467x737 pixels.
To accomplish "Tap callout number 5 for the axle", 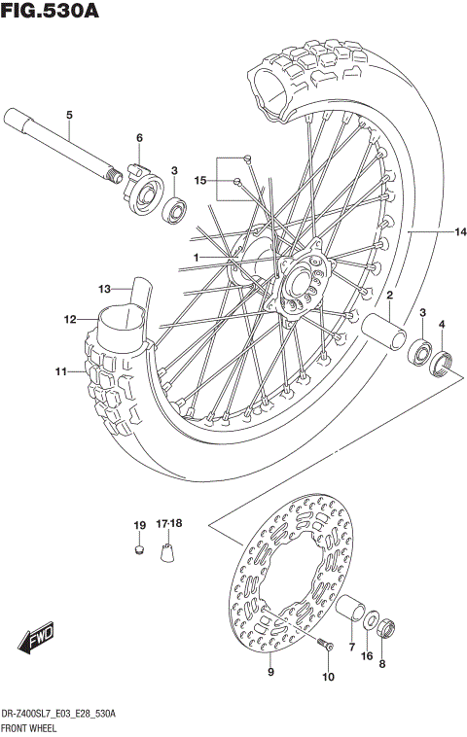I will pos(69,117).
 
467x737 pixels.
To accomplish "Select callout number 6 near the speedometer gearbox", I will pos(139,137).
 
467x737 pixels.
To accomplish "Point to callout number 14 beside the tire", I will pos(460,232).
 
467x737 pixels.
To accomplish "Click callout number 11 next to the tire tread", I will pos(60,370).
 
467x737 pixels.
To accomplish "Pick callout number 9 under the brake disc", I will pos(270,671).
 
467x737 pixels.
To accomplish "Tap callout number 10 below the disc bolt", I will pos(327,677).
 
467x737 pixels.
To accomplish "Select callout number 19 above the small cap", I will pos(139,526).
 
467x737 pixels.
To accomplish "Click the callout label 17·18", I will pos(170,526).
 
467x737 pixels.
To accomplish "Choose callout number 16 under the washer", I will pos(367,657).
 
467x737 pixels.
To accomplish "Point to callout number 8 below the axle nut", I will pos(382,665).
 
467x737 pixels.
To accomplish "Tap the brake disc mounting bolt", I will pos(325,645).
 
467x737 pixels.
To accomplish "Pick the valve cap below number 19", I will pos(139,551).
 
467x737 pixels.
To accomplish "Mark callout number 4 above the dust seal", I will pos(441,324).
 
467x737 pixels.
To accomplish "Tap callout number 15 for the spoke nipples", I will pos(200,181).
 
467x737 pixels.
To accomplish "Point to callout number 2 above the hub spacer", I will pos(388,295).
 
